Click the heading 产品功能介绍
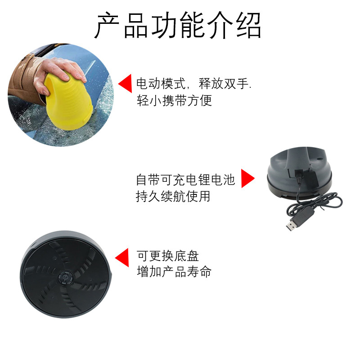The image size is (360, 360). pos(178,25)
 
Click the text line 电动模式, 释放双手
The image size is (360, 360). pos(194,84)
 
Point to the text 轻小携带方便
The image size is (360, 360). pos(174,100)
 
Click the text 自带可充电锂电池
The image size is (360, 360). pos(185,180)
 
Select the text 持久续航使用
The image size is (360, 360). pos(173,197)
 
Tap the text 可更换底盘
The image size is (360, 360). pos(167,256)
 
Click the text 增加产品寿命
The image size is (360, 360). pos(174,272)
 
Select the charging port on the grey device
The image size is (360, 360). pos(299,172)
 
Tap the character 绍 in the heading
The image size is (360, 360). pos(249,25)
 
